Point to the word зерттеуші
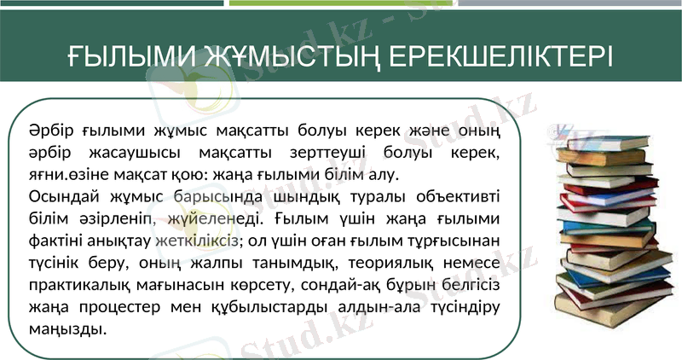tap(347, 154)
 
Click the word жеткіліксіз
tap(199, 241)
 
